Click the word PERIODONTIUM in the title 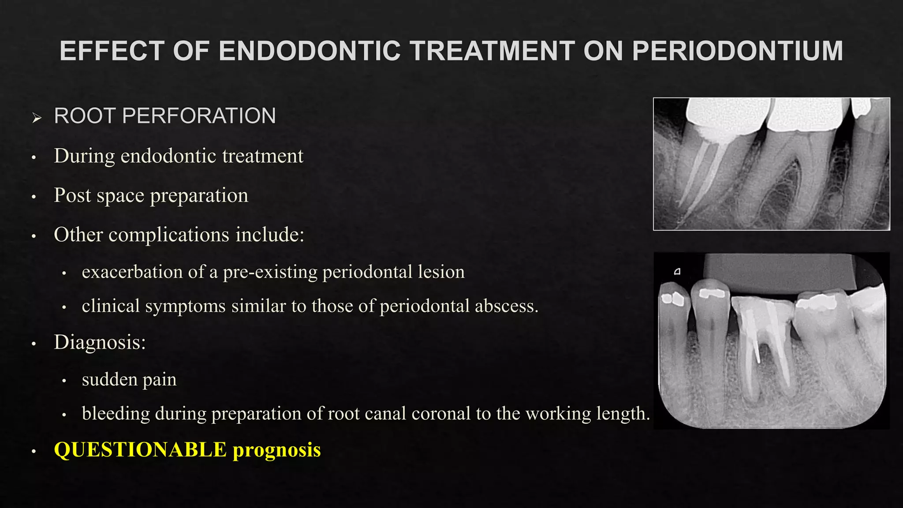[737, 51]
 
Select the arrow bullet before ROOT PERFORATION [37, 118]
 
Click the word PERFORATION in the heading [199, 116]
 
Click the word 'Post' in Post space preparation [71, 195]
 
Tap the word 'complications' [169, 235]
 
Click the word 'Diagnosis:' [100, 342]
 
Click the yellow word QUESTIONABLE [140, 450]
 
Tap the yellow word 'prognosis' [277, 451]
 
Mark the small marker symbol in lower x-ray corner [677, 272]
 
